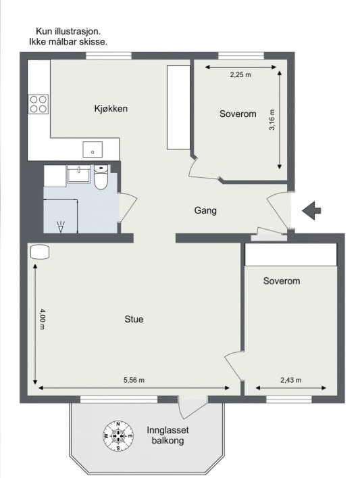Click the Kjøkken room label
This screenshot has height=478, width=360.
coord(111,109)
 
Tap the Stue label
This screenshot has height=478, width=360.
coord(134,319)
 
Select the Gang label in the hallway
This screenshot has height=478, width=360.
coord(205,211)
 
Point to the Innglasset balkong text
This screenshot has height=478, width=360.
coord(168,435)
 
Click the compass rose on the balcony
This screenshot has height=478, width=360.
coord(118,436)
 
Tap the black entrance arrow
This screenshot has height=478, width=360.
coord(311,211)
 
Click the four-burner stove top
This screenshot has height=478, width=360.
coord(38,104)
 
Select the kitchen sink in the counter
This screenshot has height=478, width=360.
coord(93,149)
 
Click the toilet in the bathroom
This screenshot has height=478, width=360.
coord(101,177)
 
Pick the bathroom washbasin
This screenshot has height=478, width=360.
coord(79,174)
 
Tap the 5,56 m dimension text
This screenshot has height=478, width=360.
coord(134,380)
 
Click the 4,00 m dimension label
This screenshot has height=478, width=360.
coord(43,319)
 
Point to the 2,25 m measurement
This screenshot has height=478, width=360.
coord(240,74)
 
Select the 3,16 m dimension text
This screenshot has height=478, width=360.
coord(272,120)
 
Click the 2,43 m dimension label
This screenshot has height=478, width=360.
coord(291,380)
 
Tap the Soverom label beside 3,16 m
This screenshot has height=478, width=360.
coord(238,114)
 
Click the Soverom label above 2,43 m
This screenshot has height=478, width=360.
coord(282,281)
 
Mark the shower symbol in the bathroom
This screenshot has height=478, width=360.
coord(61,226)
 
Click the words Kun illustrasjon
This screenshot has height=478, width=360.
coord(68,31)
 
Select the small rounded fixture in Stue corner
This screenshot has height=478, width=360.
coord(40,252)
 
